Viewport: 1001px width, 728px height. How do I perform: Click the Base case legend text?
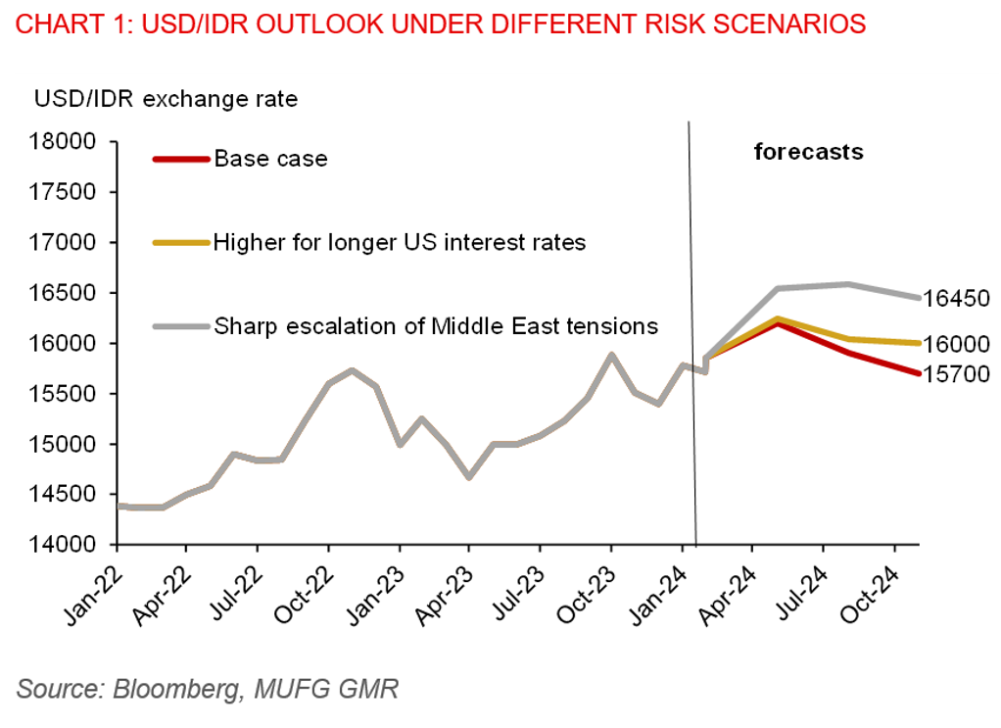(270, 159)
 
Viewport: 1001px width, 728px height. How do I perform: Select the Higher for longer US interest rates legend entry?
(400, 242)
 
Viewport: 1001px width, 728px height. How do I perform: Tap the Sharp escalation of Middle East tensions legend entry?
(436, 326)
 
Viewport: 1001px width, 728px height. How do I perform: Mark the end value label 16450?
(957, 299)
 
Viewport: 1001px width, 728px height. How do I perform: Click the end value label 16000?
(957, 344)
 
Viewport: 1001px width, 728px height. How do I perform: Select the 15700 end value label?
(957, 373)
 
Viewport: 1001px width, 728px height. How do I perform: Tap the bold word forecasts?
(808, 152)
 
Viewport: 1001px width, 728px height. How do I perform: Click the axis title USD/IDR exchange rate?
(167, 99)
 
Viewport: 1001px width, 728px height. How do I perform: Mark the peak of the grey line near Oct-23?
(611, 355)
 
